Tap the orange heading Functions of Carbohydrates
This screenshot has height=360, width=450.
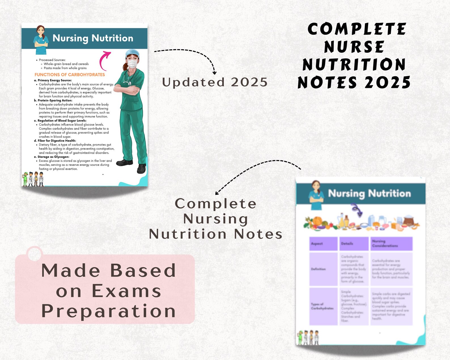pos(69,75)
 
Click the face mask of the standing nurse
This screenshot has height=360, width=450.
pos(132,63)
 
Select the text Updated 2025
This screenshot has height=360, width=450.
pos(215,82)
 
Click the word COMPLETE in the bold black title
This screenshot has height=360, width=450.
pos(357,29)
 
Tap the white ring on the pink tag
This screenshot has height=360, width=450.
pos(35,253)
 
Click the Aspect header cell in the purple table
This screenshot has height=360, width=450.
pos(323,243)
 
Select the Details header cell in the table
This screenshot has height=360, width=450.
pos(354,243)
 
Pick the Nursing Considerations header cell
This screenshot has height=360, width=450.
pos(391,243)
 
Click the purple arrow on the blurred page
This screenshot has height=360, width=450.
pos(357,210)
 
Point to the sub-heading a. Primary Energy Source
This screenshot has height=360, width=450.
pos(53,80)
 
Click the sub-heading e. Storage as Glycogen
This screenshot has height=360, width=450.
pos(52,157)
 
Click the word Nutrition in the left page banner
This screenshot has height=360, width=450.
pos(112,38)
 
